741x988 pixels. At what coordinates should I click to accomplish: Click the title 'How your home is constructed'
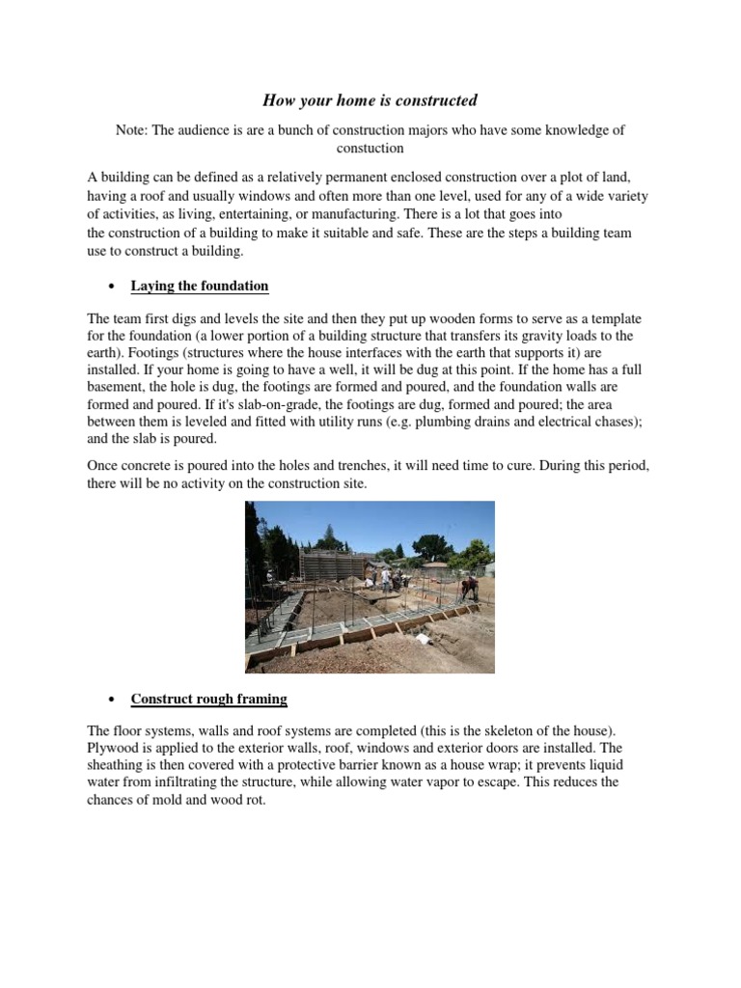tap(370, 100)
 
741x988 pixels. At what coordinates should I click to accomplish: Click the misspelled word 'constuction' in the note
tap(370, 149)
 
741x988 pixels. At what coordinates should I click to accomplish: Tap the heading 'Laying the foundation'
tap(200, 287)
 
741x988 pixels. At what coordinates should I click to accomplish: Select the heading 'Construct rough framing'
tap(208, 699)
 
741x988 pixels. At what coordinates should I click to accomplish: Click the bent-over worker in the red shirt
tap(469, 588)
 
